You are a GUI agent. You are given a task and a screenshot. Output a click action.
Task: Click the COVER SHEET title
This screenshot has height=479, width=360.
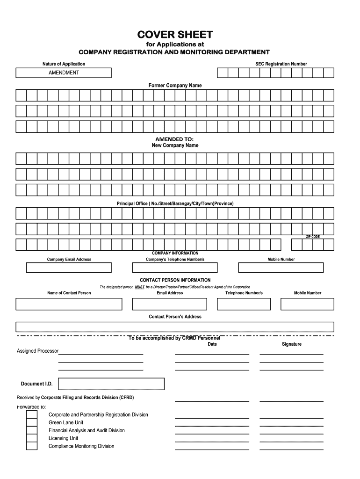174,35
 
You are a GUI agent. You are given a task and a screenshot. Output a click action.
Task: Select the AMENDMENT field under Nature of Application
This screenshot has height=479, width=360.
64,73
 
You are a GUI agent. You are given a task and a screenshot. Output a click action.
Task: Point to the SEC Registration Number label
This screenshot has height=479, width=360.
281,64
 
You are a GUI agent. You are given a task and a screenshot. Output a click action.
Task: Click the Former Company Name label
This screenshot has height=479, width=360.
175,86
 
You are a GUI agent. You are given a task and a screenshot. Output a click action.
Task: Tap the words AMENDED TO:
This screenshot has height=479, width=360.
174,139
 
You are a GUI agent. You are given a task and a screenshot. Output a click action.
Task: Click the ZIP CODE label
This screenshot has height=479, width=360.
313,237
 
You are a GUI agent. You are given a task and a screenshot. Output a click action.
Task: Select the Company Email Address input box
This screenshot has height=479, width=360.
69,268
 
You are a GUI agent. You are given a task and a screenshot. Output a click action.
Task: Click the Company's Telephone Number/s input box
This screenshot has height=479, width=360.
175,268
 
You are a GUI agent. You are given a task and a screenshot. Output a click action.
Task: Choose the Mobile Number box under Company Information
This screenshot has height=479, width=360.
281,268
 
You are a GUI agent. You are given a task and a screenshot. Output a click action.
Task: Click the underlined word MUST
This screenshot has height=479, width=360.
139,287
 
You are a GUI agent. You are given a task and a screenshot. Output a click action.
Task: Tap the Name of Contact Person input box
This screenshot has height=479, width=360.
69,304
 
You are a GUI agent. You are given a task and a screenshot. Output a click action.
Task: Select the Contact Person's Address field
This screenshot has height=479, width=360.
175,327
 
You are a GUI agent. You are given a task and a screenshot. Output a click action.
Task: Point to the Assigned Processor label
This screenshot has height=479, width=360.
37,351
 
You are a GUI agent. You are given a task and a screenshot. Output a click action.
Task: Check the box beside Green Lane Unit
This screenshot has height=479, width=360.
31,422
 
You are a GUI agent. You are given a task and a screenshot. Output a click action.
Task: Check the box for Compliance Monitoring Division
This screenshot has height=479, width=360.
31,446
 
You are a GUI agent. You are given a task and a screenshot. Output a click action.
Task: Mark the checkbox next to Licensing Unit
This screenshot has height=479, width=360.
31,438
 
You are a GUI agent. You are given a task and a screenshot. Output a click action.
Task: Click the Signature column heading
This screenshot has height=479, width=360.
291,344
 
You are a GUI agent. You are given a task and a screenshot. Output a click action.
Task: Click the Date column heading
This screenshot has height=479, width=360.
212,344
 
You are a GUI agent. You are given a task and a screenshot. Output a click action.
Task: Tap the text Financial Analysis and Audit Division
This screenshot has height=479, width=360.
86,430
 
